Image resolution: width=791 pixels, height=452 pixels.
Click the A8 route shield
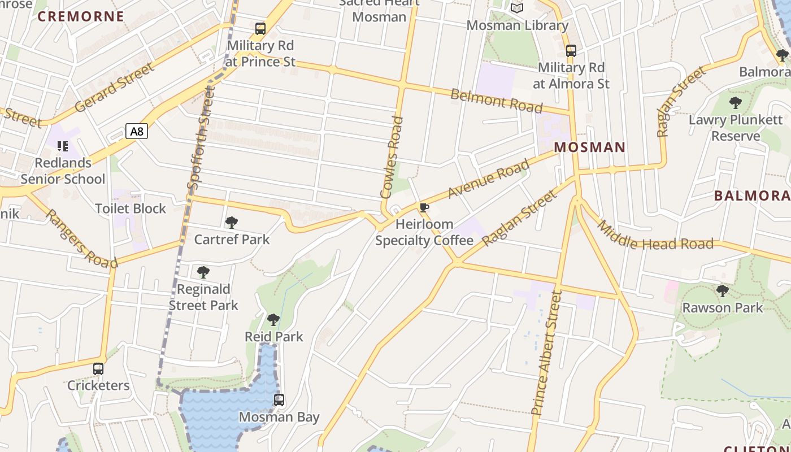137,132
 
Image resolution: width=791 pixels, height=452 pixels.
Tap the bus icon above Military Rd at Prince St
260,28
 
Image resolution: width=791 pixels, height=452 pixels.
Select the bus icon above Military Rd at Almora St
571,51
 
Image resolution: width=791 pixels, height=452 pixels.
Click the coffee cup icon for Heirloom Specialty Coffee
424,207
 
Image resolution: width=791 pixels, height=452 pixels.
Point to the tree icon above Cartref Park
231,223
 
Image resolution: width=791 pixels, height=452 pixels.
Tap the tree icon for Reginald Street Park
203,272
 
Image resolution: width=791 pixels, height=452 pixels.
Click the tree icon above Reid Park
273,320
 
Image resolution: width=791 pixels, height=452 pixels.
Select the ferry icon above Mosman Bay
279,400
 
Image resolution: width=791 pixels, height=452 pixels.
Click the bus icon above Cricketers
98,369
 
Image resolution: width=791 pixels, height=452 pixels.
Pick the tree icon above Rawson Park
722,291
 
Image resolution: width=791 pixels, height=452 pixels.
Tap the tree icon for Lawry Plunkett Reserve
735,103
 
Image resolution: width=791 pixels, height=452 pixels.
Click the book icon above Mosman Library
517,8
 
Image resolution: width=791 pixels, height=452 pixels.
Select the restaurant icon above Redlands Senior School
63,146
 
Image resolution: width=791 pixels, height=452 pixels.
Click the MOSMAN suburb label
589,147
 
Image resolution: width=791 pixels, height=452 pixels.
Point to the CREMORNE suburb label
81,16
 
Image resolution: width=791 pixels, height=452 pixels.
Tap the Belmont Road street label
496,101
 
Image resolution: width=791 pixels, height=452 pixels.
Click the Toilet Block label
131,208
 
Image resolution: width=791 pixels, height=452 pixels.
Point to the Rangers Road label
82,239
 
